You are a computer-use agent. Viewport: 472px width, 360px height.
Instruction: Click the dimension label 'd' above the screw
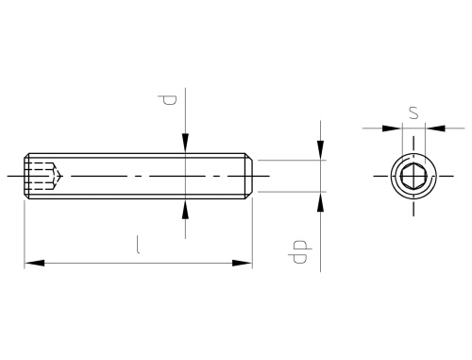click(167, 99)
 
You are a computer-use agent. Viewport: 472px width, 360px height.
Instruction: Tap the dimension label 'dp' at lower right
click(300, 251)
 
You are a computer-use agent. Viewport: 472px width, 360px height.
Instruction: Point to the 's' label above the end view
click(413, 113)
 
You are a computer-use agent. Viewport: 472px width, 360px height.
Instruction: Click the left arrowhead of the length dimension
click(34, 263)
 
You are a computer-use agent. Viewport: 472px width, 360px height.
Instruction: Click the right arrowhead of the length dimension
click(243, 263)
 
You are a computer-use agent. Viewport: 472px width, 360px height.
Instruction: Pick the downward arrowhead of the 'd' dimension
click(186, 144)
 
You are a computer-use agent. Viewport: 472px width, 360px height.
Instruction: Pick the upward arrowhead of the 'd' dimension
click(186, 209)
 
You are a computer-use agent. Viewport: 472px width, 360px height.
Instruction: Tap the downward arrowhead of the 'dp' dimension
click(320, 150)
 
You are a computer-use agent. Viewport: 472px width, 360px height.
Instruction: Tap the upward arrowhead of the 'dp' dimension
click(320, 201)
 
